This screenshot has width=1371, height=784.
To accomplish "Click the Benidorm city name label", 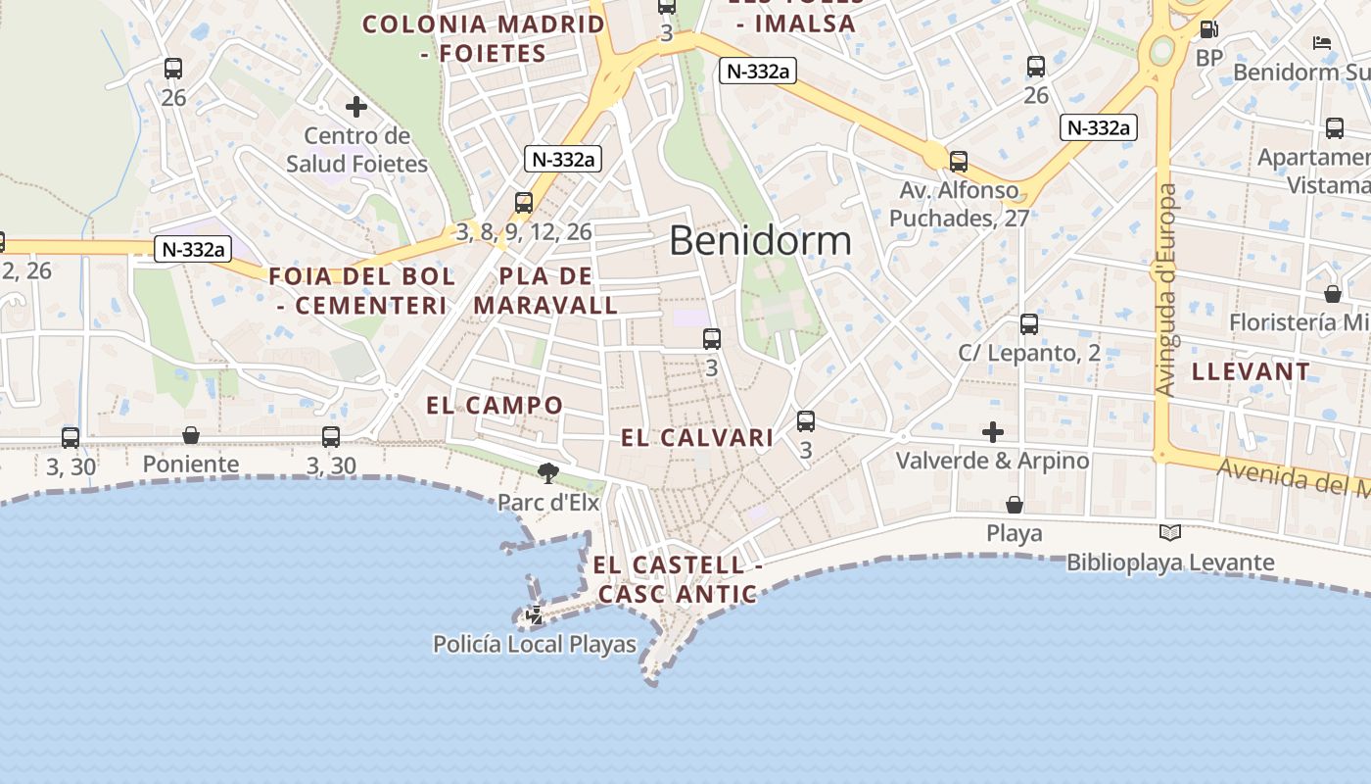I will point(760,240).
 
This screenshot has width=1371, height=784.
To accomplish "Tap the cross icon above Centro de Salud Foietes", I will point(356,106).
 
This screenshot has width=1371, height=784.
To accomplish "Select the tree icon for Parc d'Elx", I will point(548,474).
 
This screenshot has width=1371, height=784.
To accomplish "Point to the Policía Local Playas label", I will point(535,644).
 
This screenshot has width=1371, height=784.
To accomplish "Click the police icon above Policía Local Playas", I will point(535,615).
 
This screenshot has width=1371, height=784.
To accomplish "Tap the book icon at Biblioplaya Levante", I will point(1169,532).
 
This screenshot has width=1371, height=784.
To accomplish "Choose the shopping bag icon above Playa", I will point(1015,505).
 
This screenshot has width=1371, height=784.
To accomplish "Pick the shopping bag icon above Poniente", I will point(191,435).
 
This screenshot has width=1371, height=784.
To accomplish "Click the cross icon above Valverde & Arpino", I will point(993,431).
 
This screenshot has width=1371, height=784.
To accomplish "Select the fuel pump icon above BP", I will point(1209,29).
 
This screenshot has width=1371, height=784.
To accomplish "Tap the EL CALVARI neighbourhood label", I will point(697,438).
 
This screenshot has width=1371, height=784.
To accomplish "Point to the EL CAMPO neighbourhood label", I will point(495,405).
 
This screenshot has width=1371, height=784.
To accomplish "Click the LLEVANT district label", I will point(1251,371).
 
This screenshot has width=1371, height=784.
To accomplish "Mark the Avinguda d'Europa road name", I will point(1165,290).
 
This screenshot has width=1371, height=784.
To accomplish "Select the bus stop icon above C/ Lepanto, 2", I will point(1029,323).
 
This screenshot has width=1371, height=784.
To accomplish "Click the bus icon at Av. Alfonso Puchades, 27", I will point(959,162).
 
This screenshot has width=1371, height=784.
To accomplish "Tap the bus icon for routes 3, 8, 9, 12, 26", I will point(524,203).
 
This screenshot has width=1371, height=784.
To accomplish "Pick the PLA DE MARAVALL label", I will point(545,290).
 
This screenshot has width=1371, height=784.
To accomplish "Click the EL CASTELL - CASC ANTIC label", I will point(677,579).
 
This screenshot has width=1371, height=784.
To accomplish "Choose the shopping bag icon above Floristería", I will point(1333,294).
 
